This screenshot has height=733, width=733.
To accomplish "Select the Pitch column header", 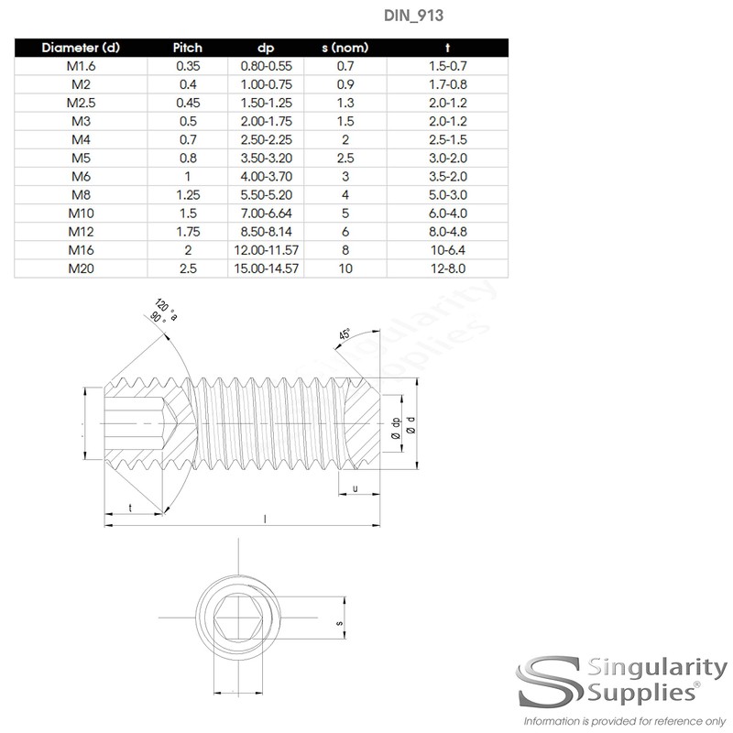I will coord(188,47).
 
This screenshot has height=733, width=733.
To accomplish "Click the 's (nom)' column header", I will coord(345,47).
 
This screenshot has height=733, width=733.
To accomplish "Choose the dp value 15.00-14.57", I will coord(266,268).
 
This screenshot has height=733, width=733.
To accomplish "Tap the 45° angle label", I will coord(345,335).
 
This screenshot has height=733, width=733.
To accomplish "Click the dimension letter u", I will coord(355,488).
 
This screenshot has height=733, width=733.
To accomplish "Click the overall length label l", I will coord(265,520).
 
